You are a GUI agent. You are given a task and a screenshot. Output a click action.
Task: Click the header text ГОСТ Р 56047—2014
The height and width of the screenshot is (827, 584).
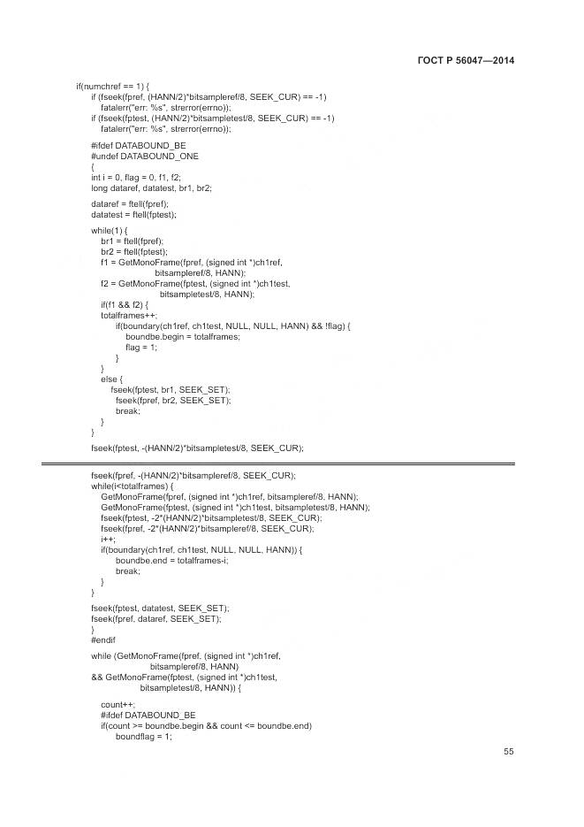(x=465, y=60)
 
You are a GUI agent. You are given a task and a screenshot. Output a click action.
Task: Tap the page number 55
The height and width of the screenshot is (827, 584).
(x=509, y=752)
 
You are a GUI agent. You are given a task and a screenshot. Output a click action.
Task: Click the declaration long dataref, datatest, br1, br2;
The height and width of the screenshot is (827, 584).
(x=151, y=188)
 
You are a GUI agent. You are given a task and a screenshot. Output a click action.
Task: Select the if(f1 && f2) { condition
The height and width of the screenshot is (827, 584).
(x=131, y=304)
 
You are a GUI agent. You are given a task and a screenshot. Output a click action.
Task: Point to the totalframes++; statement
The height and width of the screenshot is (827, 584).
(x=129, y=315)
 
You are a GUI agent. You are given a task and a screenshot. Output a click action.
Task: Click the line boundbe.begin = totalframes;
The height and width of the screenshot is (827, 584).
(x=182, y=336)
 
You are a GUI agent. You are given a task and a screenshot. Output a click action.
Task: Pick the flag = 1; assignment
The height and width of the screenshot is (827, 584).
(x=142, y=347)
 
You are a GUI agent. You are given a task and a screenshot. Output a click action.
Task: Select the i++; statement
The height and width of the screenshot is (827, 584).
(x=108, y=540)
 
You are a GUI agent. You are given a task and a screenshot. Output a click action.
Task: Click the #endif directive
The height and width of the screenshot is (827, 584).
(x=103, y=639)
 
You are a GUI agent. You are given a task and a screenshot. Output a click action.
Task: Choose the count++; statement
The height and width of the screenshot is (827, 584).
(x=118, y=704)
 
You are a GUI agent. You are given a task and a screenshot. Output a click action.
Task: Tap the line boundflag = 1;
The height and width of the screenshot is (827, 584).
(x=143, y=736)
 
